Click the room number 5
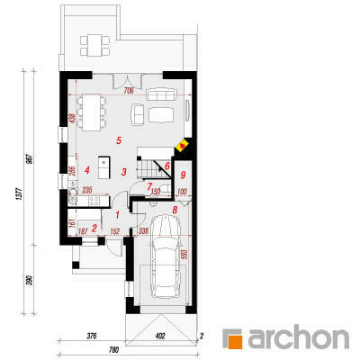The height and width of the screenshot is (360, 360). tap(117, 141)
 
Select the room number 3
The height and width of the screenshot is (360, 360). tap(123, 171)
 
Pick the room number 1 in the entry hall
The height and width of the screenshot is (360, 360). tap(117, 214)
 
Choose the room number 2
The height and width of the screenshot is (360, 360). tap(94, 228)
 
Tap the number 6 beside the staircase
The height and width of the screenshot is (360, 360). tap(166, 166)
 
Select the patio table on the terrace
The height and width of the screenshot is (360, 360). tap(94, 42)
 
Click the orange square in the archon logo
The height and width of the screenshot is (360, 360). tap(232, 339)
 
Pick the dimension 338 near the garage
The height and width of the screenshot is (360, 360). tap(142, 231)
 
